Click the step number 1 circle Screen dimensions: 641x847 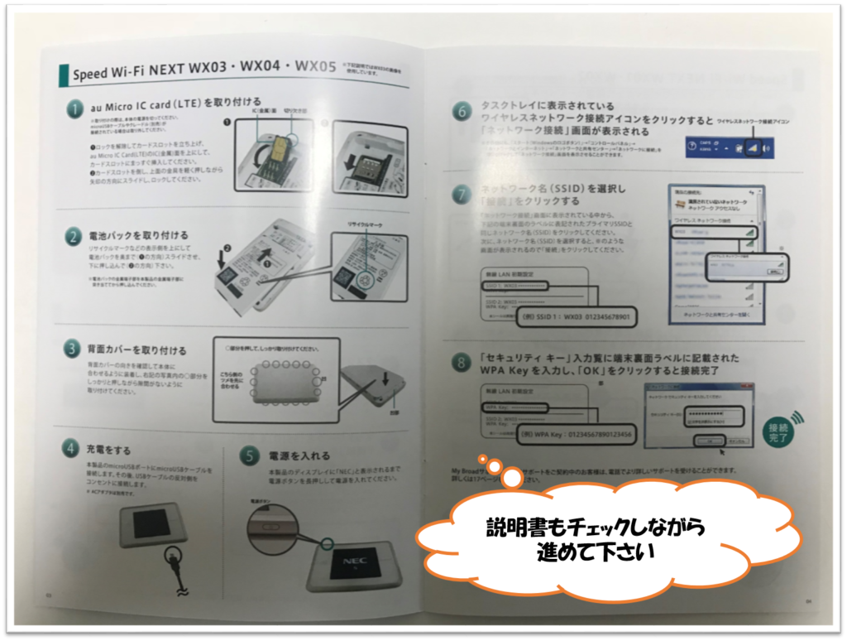click(76, 108)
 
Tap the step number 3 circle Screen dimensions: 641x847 click(73, 349)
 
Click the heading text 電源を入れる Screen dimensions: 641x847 click(299, 455)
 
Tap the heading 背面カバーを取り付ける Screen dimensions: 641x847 click(136, 350)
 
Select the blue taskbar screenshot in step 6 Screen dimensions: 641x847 click(735, 147)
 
